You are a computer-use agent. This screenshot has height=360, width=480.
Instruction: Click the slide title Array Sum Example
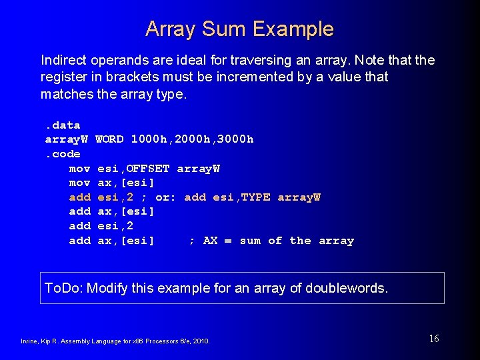pos(239,29)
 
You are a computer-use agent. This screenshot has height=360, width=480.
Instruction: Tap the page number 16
pos(434,339)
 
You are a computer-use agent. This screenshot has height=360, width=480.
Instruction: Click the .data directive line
pos(63,125)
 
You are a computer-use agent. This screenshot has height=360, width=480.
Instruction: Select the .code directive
pos(63,154)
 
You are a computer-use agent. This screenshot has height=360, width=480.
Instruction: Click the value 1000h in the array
pos(150,139)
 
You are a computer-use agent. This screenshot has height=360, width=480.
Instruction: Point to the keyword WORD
pos(109,139)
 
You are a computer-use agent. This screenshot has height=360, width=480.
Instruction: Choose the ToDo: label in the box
pos(63,288)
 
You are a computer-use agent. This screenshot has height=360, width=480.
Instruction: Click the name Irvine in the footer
pos(29,341)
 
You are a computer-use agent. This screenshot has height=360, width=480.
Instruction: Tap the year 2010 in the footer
pos(201,341)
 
